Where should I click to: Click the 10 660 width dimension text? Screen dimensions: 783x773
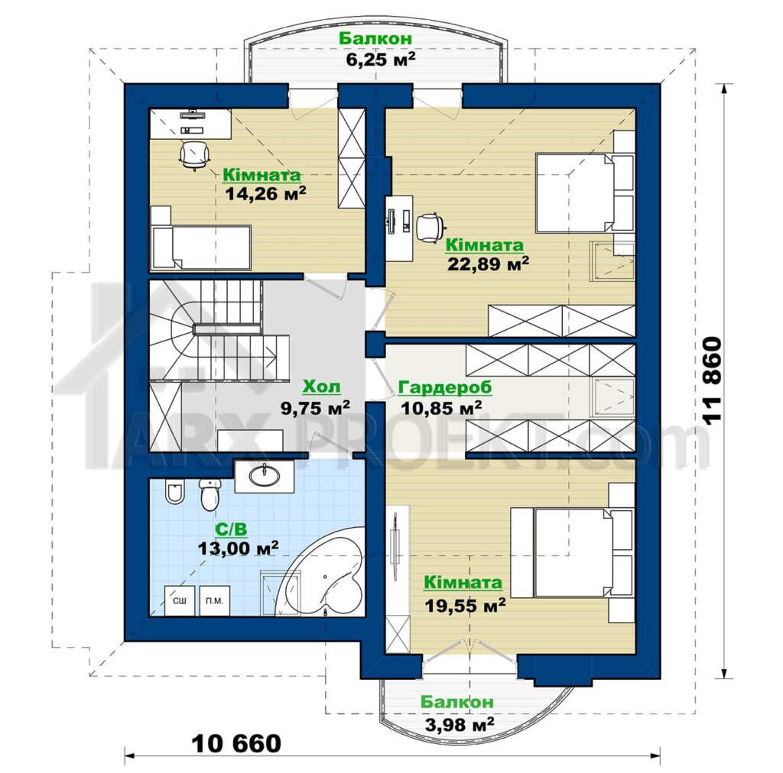click(237, 743)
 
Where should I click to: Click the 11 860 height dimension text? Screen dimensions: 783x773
click(713, 381)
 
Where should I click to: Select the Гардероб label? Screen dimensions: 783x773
click(445, 387)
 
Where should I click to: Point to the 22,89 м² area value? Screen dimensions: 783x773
click(488, 264)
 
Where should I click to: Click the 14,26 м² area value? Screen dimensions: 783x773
click(265, 193)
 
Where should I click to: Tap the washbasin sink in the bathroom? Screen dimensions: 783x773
click(264, 476)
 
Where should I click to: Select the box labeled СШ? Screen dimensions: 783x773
click(180, 600)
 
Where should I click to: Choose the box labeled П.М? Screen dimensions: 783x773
click(214, 600)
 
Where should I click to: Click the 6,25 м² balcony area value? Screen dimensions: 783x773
click(381, 59)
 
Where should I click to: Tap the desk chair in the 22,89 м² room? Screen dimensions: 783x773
click(430, 228)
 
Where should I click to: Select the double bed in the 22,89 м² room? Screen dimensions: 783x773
click(585, 193)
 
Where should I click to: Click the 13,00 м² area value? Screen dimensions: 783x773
click(239, 548)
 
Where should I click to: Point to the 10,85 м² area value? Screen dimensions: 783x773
click(441, 408)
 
